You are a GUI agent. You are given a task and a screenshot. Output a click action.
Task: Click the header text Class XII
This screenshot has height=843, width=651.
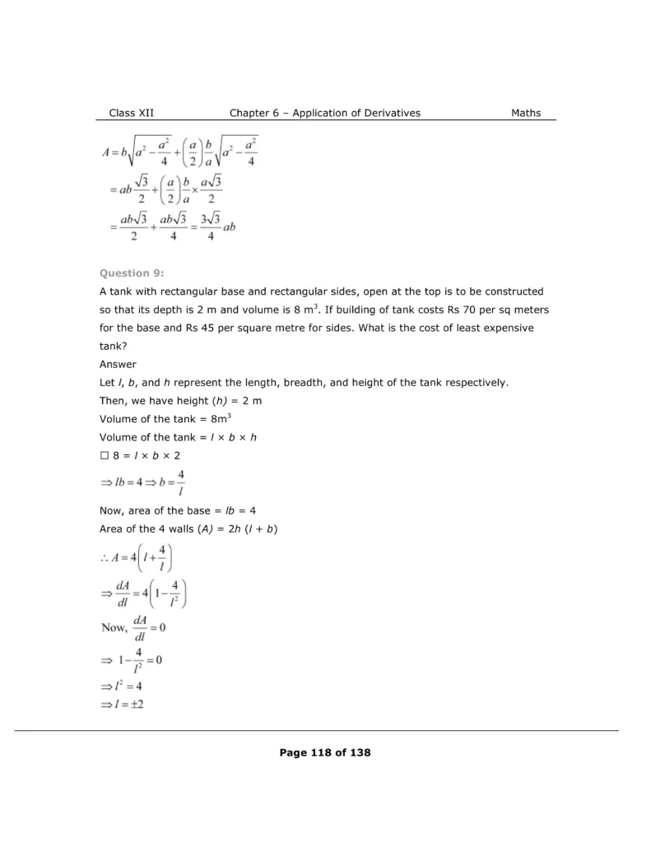[x=131, y=113]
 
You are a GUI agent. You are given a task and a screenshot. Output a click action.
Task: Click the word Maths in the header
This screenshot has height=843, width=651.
[x=526, y=113]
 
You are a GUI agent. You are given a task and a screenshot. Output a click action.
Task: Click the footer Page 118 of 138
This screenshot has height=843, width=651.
[x=325, y=752]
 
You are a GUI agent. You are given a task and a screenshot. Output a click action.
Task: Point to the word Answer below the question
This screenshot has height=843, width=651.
[x=118, y=364]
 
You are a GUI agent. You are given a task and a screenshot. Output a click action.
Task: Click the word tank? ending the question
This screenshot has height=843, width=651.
[x=113, y=346]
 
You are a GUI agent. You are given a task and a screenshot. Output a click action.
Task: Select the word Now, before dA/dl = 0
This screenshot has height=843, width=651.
[x=114, y=627]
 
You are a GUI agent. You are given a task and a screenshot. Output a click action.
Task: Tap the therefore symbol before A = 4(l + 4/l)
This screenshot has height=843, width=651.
[x=105, y=561]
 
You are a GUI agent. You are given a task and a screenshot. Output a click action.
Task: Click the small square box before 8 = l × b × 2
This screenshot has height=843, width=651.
[x=104, y=455]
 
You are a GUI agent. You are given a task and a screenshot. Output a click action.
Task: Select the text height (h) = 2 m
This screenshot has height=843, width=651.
[x=206, y=400]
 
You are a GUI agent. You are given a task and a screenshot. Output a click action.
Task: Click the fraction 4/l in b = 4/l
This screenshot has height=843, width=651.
[x=180, y=483]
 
